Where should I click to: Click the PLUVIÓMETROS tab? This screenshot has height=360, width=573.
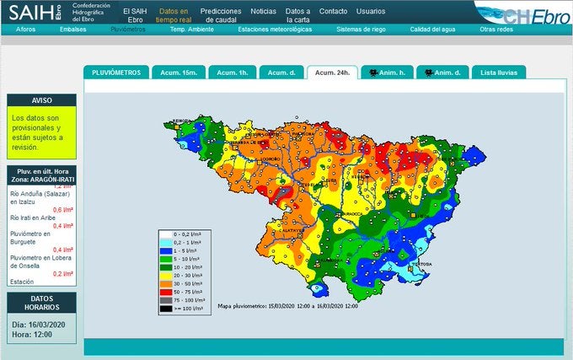coord(117,73)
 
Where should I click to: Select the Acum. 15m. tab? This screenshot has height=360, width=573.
coord(176,73)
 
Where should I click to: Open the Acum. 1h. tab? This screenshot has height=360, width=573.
coord(232,73)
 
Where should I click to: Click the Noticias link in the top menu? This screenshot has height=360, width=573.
coord(263,11)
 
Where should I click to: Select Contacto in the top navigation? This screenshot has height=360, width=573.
coord(333,11)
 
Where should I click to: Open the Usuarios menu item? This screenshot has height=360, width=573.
coord(371,11)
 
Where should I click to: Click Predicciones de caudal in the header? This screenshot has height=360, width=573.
coord(222,15)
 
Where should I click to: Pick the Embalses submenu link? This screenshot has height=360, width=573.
coord(72,29)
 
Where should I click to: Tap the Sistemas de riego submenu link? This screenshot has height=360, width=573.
coord(361,29)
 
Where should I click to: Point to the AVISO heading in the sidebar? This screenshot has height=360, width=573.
coord(41,99)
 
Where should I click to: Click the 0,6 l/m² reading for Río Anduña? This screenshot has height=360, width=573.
coord(62,209)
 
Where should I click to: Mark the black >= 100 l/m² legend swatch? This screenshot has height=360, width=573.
coord(168,309)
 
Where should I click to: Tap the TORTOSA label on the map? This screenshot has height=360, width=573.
coord(422,263)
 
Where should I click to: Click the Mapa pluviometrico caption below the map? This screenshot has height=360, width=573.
coord(287,305)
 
